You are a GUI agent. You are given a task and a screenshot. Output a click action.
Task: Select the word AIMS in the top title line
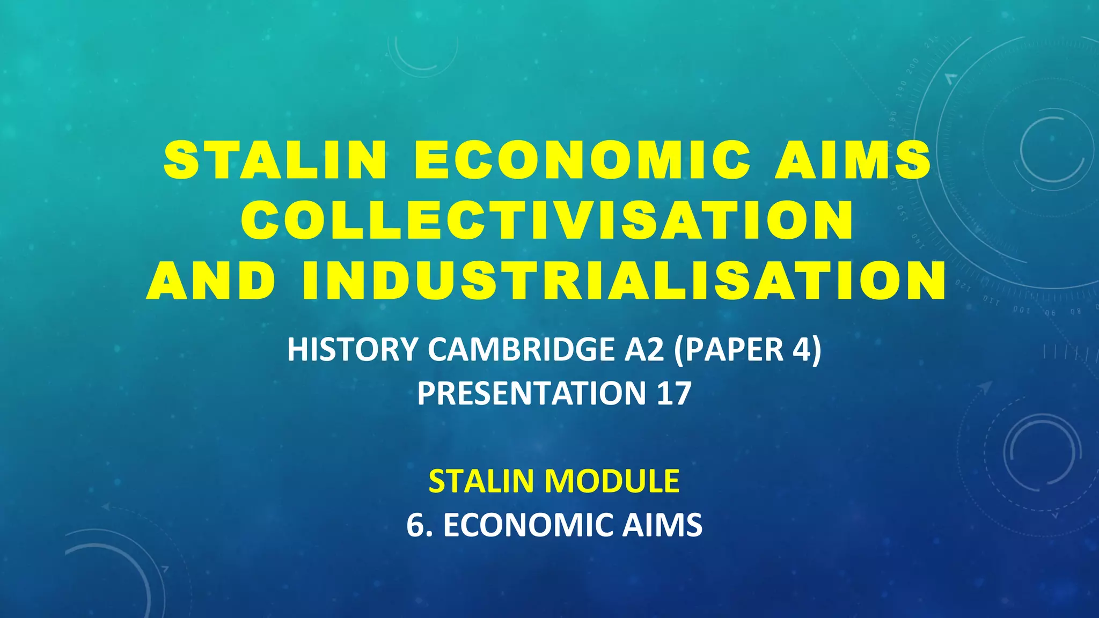tap(853, 160)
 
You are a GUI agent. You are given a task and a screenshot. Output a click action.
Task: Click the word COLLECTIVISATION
tap(547, 220)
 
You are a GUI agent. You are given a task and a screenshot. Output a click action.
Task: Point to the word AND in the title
tap(211, 281)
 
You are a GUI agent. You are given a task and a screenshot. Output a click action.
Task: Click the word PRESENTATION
tap(532, 393)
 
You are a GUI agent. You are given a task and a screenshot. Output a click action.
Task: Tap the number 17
tap(673, 393)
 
